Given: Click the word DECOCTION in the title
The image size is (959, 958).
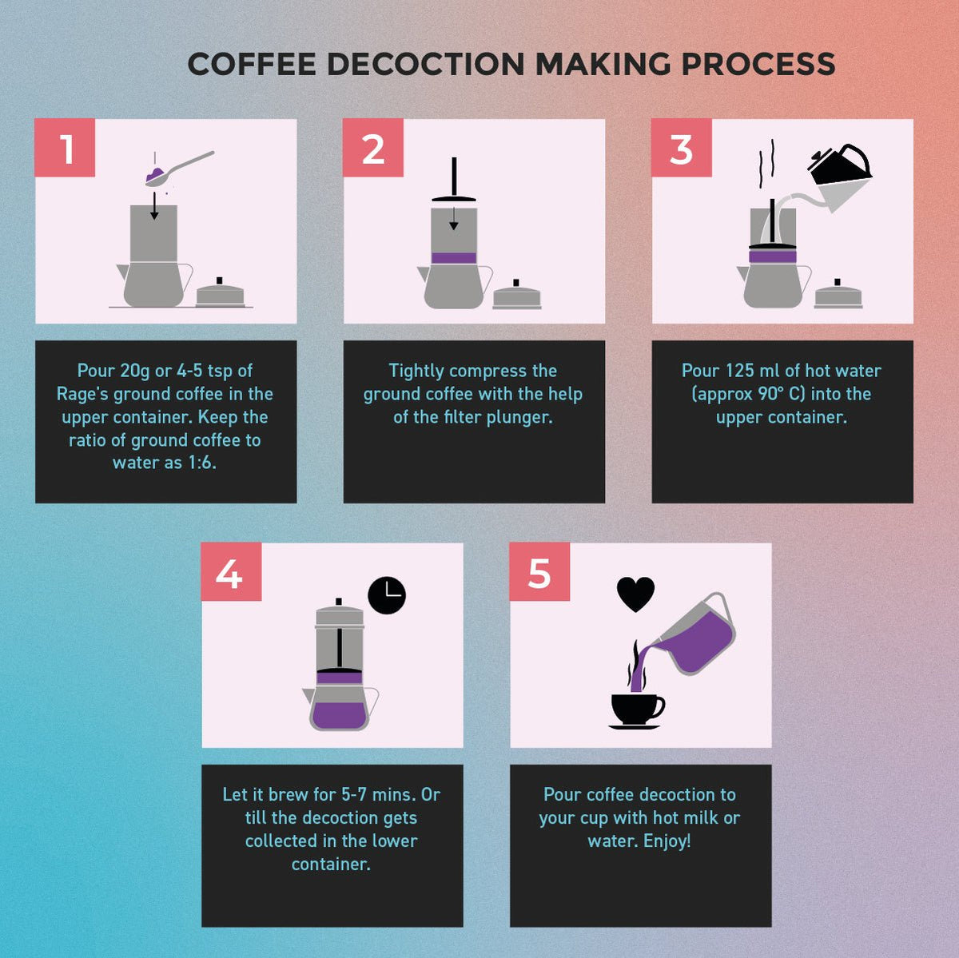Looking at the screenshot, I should pyautogui.click(x=425, y=64).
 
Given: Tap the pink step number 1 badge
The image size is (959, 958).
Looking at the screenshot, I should pyautogui.click(x=66, y=149).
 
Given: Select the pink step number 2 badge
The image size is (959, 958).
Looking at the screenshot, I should pyautogui.click(x=373, y=149).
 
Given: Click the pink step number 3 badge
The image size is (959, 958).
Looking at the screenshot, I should pyautogui.click(x=681, y=149).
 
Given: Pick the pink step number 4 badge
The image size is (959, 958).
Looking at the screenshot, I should pyautogui.click(x=230, y=573).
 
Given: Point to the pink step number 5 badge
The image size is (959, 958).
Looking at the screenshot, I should pyautogui.click(x=539, y=573).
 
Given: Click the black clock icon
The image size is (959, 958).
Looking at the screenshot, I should pyautogui.click(x=387, y=594).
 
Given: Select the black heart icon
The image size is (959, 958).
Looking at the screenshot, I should pyautogui.click(x=635, y=594).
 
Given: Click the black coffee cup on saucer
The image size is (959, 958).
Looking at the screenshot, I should pyautogui.click(x=636, y=710).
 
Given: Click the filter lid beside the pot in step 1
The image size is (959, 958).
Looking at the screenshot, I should pyautogui.click(x=220, y=294).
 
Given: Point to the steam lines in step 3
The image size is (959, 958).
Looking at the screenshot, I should pyautogui.click(x=766, y=163).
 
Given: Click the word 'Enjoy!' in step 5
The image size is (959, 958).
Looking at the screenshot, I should pyautogui.click(x=667, y=841).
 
